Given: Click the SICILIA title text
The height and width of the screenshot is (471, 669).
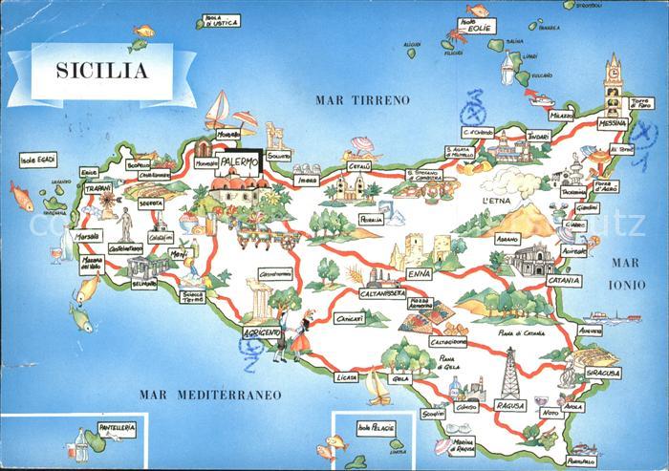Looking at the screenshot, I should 101,69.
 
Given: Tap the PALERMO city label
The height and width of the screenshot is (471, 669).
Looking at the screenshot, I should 239,161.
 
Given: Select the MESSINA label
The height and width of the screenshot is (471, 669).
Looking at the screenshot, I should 612,124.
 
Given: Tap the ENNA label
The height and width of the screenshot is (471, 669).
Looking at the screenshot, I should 420,274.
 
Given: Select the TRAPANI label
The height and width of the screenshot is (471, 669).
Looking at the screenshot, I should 97,190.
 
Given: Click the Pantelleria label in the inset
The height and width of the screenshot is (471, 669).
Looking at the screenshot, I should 116,430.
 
